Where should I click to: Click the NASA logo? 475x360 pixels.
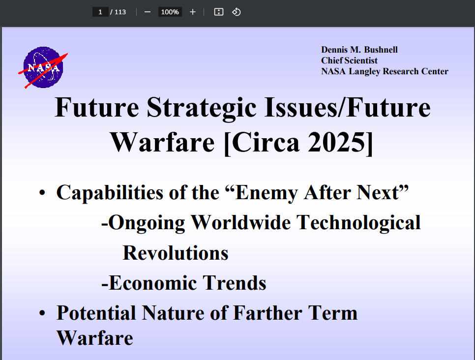(x=43, y=67)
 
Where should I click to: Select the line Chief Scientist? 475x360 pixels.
(x=349, y=60)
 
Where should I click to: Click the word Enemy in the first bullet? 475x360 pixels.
(x=265, y=192)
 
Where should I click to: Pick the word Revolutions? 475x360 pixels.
(x=176, y=253)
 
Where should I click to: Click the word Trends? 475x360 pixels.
(x=235, y=283)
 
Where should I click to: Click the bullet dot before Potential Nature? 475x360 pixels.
(x=43, y=313)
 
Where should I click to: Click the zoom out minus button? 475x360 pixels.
(x=147, y=12)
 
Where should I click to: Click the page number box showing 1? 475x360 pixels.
(x=100, y=12)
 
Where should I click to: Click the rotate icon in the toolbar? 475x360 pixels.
(x=236, y=12)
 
